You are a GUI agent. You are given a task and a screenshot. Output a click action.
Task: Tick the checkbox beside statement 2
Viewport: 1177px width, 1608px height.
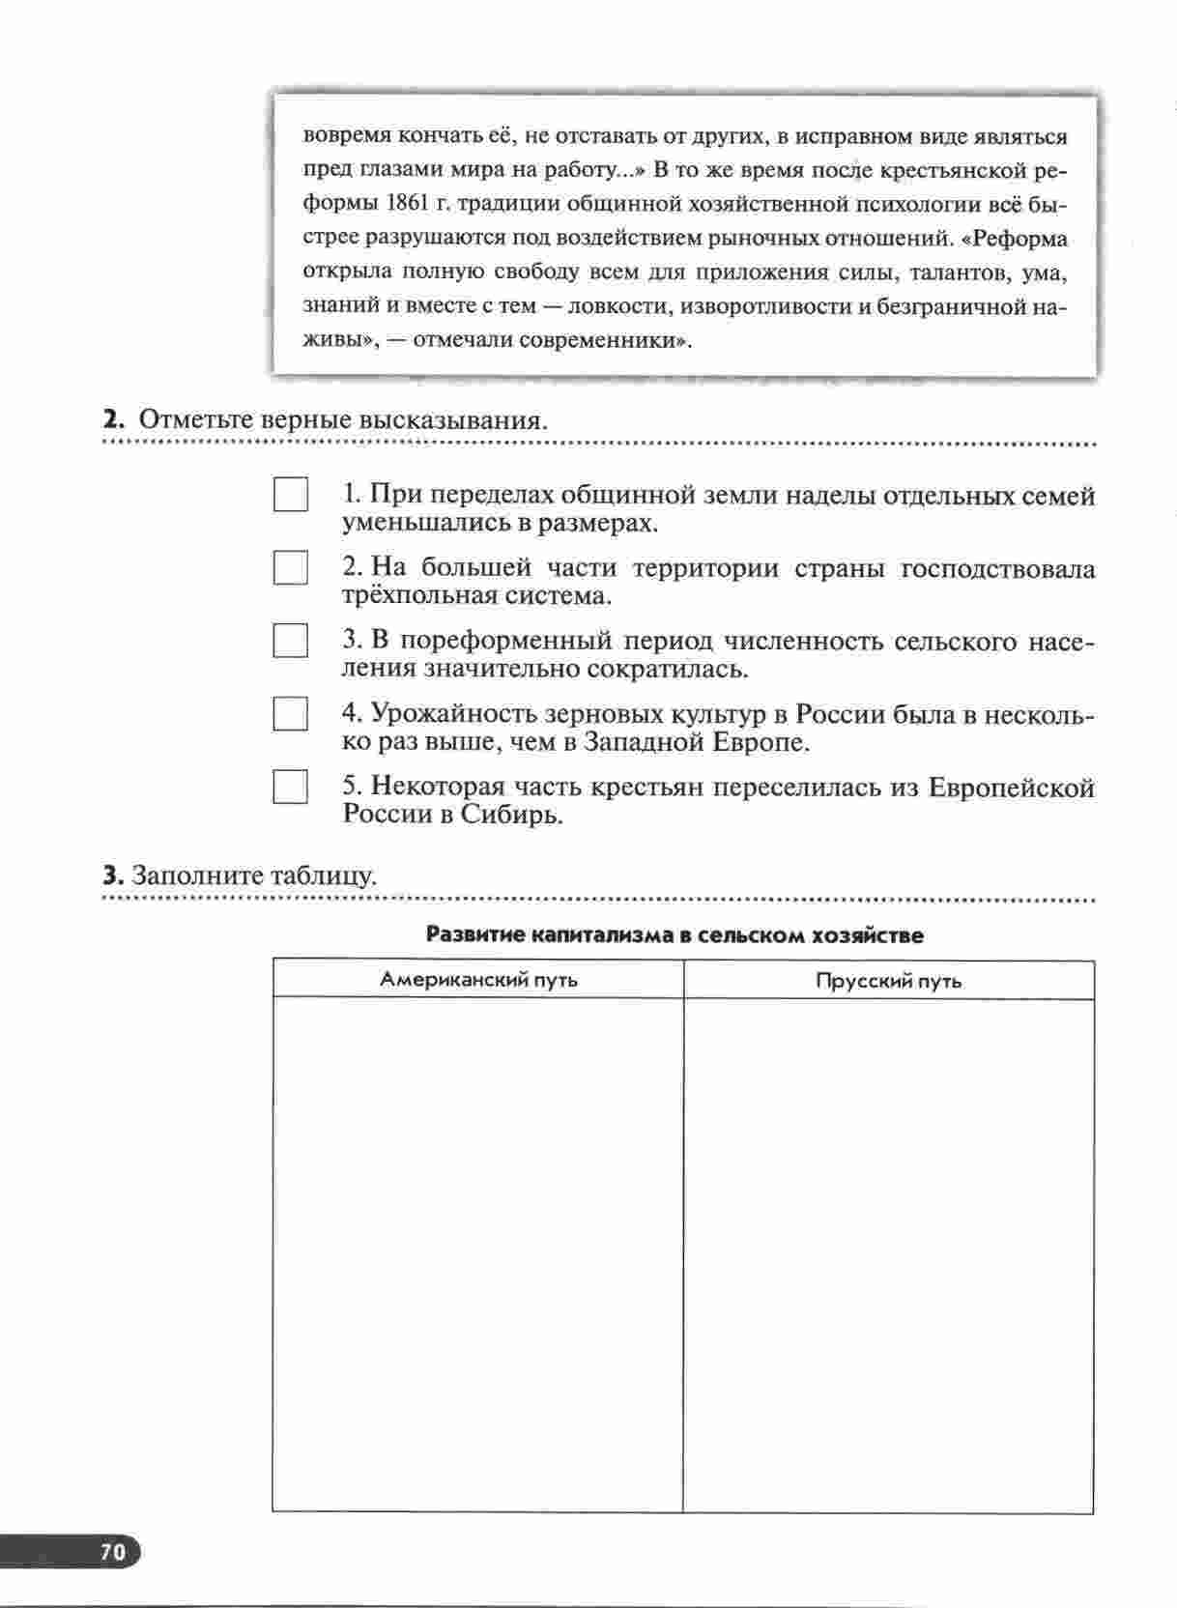point(290,567)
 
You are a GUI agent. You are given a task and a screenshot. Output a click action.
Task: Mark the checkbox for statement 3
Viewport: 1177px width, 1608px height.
point(290,641)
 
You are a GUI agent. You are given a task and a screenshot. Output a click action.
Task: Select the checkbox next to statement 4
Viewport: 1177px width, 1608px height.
point(290,714)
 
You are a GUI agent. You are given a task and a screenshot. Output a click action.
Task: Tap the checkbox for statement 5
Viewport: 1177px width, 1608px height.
point(290,787)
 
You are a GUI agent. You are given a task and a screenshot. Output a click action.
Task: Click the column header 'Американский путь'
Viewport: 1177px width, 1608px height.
point(478,980)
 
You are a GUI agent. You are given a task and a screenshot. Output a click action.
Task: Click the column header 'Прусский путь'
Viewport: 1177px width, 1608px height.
point(888,981)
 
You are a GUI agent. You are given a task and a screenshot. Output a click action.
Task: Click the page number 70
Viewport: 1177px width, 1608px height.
point(112,1552)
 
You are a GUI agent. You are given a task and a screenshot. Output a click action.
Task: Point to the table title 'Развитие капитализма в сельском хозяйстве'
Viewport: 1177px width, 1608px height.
point(675,935)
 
